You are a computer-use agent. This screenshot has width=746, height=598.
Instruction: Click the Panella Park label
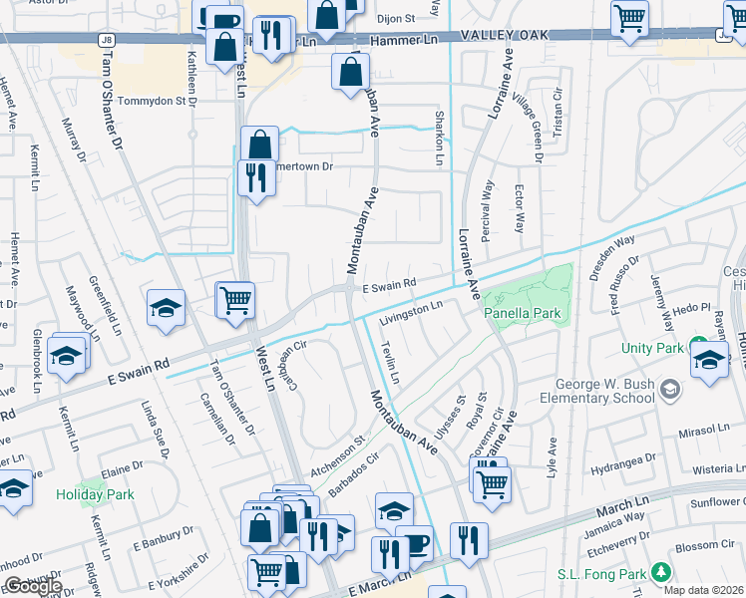coord(524,313)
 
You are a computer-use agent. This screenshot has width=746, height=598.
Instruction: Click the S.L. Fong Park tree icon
coord(658,572)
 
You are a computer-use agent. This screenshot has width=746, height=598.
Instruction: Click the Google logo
coord(33,586)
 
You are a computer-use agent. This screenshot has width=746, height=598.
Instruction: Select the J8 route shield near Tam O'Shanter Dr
coord(106,39)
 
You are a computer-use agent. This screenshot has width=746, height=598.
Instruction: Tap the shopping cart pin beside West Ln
coord(235,299)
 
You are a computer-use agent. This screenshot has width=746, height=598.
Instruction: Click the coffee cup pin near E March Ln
coord(414,542)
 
